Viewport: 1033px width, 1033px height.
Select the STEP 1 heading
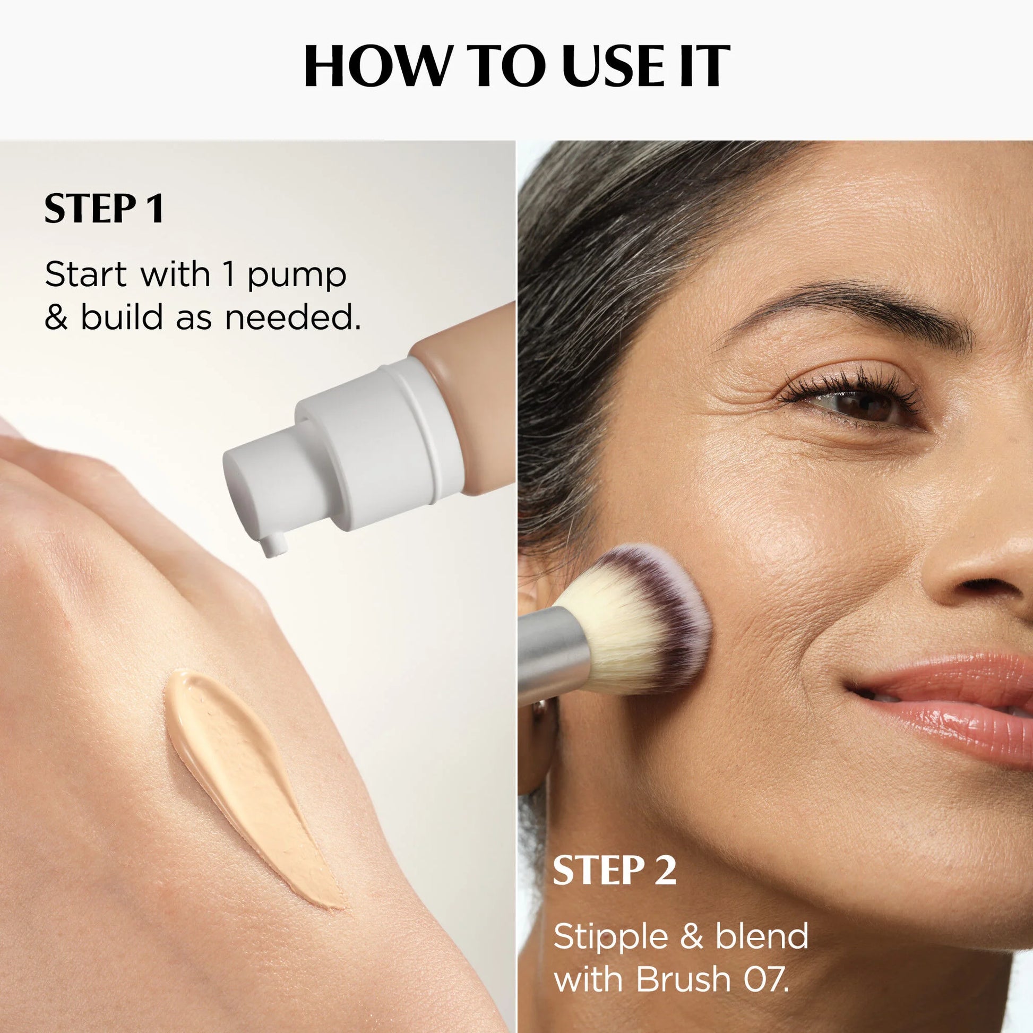coord(104,209)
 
